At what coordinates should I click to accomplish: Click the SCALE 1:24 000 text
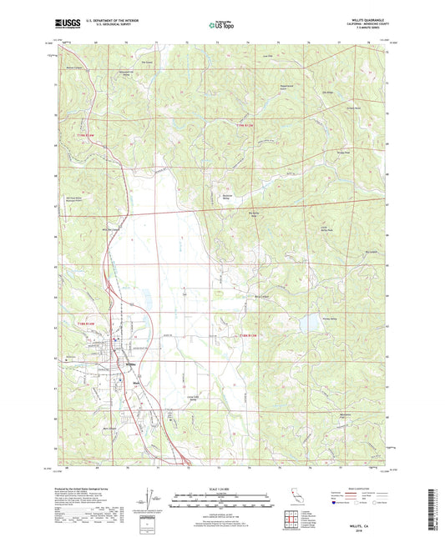point(221,489)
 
